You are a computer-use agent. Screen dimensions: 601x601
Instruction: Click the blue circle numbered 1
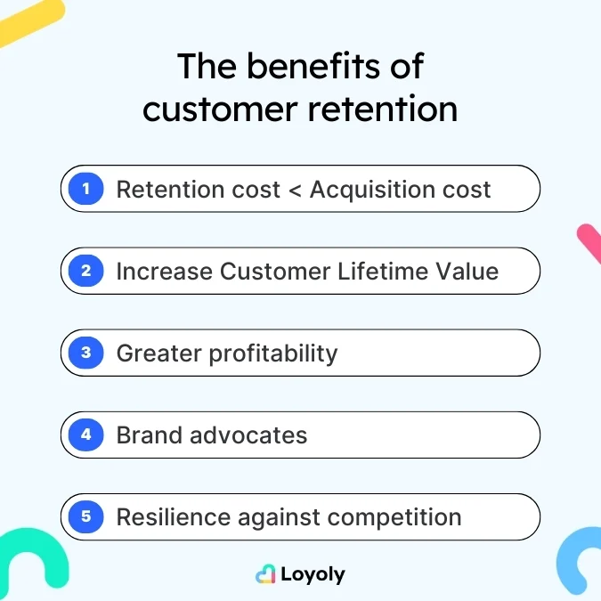pos(86,189)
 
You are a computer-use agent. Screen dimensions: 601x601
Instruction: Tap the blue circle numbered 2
pos(86,271)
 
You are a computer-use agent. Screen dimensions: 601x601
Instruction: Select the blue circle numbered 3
pos(86,353)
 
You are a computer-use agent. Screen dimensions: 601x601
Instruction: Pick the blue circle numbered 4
pos(86,435)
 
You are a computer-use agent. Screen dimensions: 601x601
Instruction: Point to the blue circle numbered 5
pos(86,517)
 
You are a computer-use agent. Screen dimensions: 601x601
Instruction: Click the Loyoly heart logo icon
pos(265,574)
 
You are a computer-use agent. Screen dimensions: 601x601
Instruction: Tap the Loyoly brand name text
pos(313,574)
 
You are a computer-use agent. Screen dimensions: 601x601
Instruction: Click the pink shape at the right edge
pos(589,242)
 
